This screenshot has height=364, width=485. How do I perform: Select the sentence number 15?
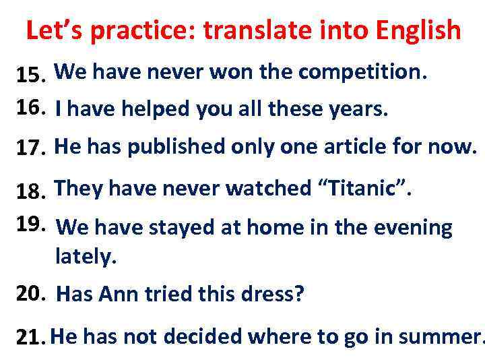[x=30, y=76]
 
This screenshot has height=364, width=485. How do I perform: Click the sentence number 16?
[x=30, y=106]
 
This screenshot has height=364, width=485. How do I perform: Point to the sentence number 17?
[x=30, y=148]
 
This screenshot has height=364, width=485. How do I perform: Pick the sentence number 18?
[x=30, y=193]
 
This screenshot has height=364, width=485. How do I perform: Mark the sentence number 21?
[x=30, y=338]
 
